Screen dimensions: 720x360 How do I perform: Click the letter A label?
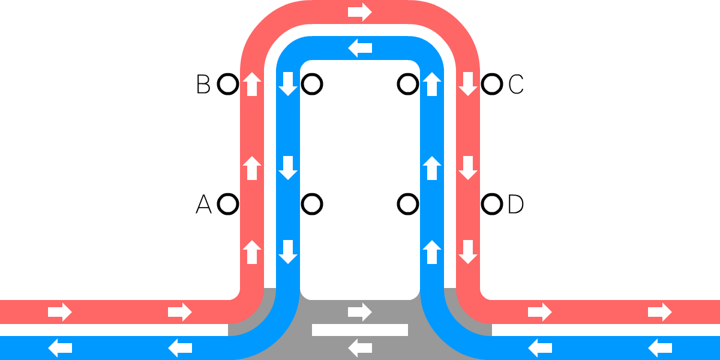[203, 205]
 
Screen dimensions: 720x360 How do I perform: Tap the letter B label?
[203, 85]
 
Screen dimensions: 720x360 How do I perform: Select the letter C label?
[516, 85]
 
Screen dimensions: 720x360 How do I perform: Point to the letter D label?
[516, 205]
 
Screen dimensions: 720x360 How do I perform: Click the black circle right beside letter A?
[227, 205]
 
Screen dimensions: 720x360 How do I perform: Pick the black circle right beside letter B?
[227, 85]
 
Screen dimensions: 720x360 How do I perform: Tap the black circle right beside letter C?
[492, 85]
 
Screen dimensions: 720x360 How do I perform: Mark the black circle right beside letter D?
[492, 205]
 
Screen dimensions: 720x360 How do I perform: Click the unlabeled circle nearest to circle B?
[312, 85]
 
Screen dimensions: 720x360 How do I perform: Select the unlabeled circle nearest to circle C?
[408, 85]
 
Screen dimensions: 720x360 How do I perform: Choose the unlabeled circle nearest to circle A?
[312, 205]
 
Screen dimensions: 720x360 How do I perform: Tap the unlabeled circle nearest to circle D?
[408, 205]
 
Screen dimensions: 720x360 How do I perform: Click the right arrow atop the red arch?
[360, 12]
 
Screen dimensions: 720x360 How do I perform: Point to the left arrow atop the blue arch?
[360, 48]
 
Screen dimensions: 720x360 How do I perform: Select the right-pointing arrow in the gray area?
[360, 311]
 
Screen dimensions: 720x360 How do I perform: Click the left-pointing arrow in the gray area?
[360, 347]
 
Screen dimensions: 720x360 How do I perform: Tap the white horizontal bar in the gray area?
[360, 329]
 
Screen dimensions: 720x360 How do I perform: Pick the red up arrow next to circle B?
[252, 85]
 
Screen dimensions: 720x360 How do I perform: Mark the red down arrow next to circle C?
[468, 85]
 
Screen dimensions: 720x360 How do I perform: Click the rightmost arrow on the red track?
[660, 312]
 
